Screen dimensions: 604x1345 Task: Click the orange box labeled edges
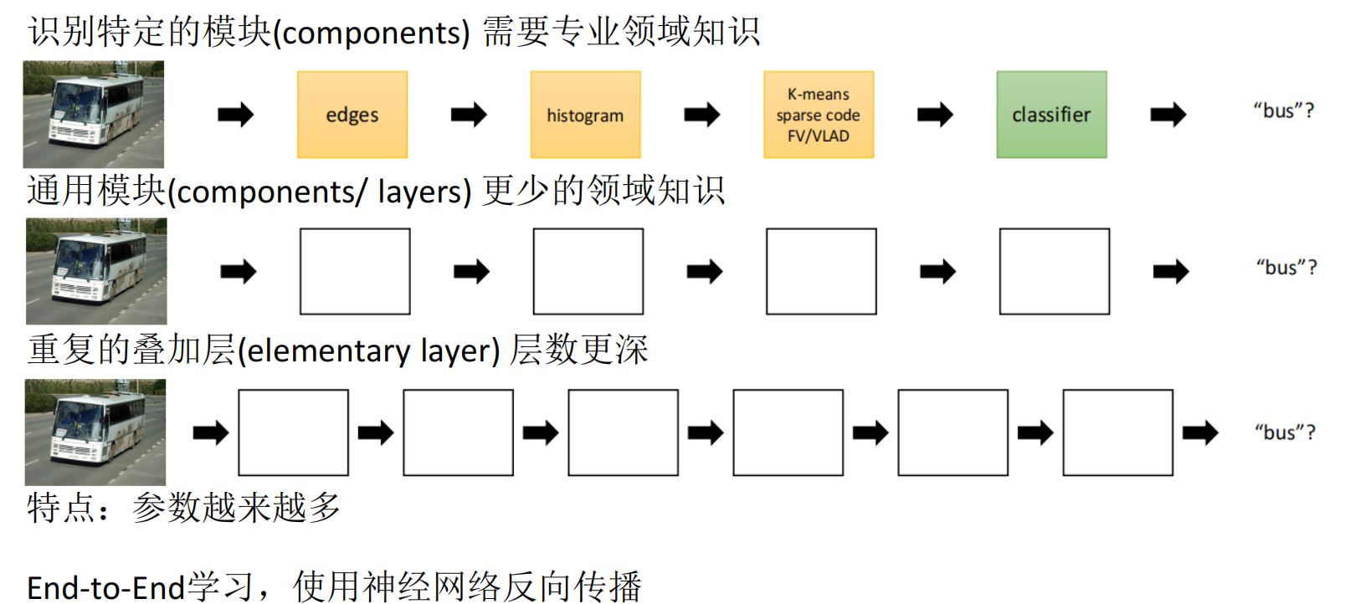click(352, 115)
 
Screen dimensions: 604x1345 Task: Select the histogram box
click(585, 115)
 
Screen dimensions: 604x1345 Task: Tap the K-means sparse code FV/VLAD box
click(819, 115)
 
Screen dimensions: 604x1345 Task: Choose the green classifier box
click(1051, 115)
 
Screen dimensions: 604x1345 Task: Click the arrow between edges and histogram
click(469, 115)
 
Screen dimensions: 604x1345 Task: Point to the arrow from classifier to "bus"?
click(1168, 115)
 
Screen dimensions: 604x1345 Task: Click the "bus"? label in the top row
click(1283, 110)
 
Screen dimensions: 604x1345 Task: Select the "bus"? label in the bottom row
click(1285, 433)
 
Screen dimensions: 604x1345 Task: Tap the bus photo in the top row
click(94, 115)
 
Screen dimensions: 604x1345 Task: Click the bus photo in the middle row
click(96, 271)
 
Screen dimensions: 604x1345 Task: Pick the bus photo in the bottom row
click(95, 433)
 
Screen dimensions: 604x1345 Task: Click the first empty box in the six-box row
click(293, 433)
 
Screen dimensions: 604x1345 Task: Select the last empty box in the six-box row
click(1117, 433)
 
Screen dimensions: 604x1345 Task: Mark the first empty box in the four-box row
click(355, 271)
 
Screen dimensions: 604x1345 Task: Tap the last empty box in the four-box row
click(1055, 271)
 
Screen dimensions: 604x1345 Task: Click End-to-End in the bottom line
click(105, 587)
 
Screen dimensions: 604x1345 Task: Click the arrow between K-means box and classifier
click(935, 115)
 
